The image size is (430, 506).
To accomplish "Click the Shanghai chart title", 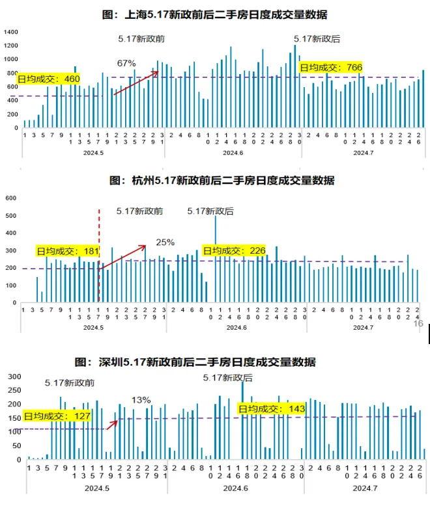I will (x=215, y=14).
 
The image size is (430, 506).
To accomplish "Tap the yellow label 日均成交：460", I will (x=49, y=79).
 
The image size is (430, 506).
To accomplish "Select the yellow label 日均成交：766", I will (x=330, y=67).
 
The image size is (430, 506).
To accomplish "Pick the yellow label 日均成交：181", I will (x=67, y=251).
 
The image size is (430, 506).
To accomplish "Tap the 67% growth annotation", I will (x=126, y=63).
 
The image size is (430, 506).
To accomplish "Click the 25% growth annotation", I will (x=165, y=242).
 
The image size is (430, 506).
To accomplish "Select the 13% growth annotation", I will (x=141, y=400).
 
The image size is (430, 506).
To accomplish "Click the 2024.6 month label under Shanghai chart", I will (x=233, y=153).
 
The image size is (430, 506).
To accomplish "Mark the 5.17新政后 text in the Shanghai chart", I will (x=317, y=39).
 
